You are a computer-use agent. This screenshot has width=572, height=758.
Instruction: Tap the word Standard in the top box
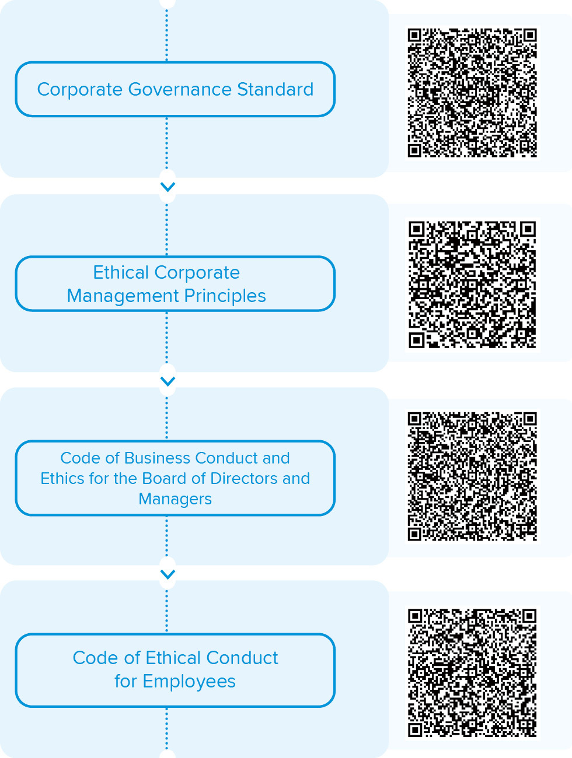275,89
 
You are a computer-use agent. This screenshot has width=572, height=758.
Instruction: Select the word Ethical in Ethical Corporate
121,272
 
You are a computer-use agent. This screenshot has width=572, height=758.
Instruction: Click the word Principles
225,297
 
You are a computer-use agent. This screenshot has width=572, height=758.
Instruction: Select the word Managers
175,500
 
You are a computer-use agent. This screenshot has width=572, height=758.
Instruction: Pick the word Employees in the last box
189,682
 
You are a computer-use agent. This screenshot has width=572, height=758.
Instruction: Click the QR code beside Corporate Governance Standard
472,93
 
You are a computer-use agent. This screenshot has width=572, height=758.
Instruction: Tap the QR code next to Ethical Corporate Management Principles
472,285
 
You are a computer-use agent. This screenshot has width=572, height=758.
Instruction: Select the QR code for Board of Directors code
472,476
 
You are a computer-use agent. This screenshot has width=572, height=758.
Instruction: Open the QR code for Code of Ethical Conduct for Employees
472,673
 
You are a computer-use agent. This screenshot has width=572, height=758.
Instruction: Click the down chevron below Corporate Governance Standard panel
168,187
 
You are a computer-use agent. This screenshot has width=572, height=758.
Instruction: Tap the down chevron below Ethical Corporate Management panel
168,381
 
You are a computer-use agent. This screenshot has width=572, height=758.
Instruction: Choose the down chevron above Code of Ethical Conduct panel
168,574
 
